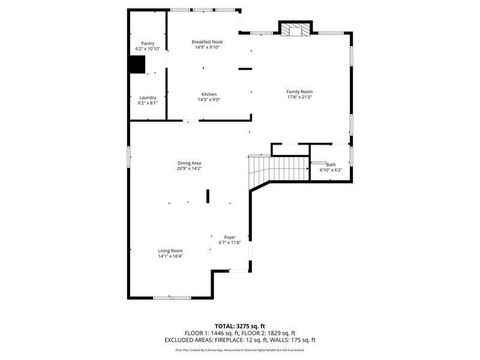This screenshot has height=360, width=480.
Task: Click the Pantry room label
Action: [148, 43]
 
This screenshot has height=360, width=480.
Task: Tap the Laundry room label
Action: [148, 97]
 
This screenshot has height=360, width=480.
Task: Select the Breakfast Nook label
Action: [207, 41]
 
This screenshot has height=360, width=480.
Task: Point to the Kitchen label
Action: [209, 94]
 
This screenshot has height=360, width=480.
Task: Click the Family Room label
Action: [299, 91]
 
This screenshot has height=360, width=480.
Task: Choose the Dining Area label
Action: [189, 163]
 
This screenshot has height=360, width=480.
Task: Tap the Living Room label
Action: [170, 250]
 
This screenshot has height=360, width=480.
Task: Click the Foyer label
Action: [230, 237]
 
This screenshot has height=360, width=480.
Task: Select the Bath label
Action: [331, 164]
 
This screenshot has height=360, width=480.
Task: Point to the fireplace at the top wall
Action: [296, 29]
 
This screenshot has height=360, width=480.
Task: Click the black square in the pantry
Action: [137, 64]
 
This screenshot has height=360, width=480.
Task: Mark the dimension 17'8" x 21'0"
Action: [299, 97]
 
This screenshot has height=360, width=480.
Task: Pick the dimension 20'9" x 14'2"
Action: [189, 169]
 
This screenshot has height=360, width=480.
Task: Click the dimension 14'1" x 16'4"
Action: [170, 256]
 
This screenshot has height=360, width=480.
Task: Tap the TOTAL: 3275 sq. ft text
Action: [239, 326]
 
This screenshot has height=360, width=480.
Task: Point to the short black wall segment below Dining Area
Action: [208, 196]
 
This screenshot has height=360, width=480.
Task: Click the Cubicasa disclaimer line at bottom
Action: [239, 350]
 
